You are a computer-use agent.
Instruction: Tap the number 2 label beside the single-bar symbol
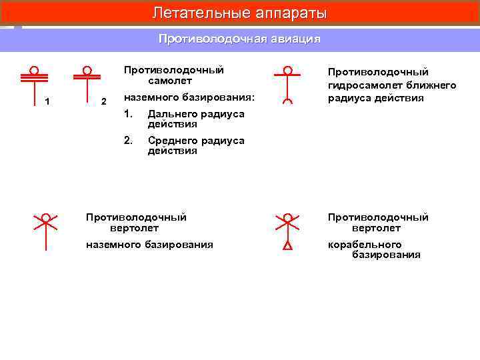pyautogui.click(x=103, y=101)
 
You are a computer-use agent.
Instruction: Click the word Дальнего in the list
pyautogui.click(x=171, y=114)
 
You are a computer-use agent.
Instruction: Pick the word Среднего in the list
pyautogui.click(x=171, y=141)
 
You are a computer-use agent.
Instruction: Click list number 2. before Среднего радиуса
pyautogui.click(x=128, y=141)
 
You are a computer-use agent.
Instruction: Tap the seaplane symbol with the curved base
pyautogui.click(x=287, y=86)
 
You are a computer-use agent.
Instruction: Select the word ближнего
pyautogui.click(x=433, y=85)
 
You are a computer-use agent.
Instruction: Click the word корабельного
pyautogui.click(x=365, y=245)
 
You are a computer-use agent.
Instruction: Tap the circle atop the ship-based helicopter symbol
pyautogui.click(x=287, y=217)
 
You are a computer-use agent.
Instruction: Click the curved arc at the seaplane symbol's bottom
pyautogui.click(x=287, y=101)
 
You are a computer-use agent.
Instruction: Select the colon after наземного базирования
pyautogui.click(x=253, y=98)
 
